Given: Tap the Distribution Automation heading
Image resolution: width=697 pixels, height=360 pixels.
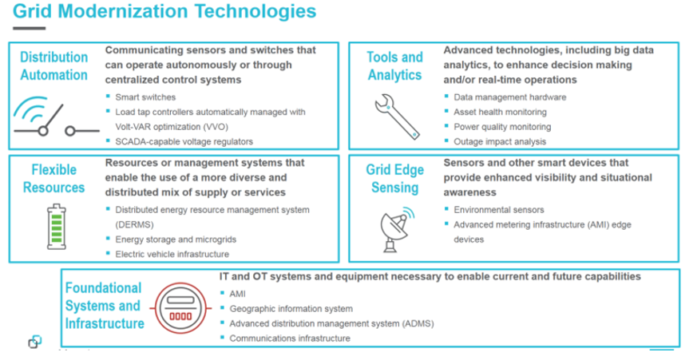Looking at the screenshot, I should tap(53, 66).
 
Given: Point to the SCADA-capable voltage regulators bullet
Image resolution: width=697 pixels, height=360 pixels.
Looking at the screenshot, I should tap(184, 141).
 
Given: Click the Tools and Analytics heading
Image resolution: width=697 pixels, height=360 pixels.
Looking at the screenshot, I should tap(394, 66).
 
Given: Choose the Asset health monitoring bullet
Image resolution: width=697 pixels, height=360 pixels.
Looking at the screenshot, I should tap(500, 111).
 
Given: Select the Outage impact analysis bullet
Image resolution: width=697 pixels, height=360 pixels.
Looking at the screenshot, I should tap(498, 140).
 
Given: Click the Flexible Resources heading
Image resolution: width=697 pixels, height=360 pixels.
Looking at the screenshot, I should tap(54, 179).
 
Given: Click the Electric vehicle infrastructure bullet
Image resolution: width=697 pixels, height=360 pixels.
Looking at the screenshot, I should tap(172, 254).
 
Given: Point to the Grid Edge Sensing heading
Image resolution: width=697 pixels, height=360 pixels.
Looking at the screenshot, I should tap(393, 179).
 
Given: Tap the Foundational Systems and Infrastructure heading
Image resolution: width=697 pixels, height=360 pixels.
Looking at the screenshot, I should tap(104, 306).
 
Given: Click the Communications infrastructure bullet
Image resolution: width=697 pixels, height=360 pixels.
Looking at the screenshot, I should tap(289, 338).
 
